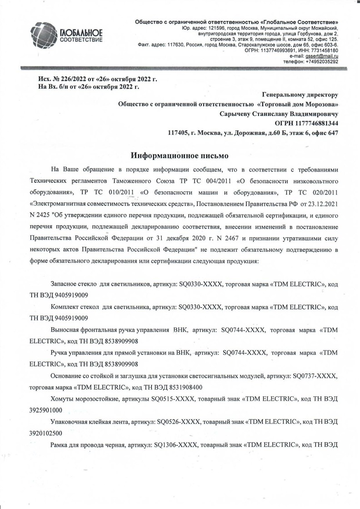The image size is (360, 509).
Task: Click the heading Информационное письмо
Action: pyautogui.click(x=180, y=155)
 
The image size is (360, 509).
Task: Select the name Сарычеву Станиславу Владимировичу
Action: pyautogui.click(x=279, y=114)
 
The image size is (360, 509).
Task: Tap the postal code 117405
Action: pyautogui.click(x=179, y=132)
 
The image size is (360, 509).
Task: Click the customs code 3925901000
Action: pyautogui.click(x=46, y=410)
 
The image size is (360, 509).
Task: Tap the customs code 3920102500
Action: pyautogui.click(x=46, y=433)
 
